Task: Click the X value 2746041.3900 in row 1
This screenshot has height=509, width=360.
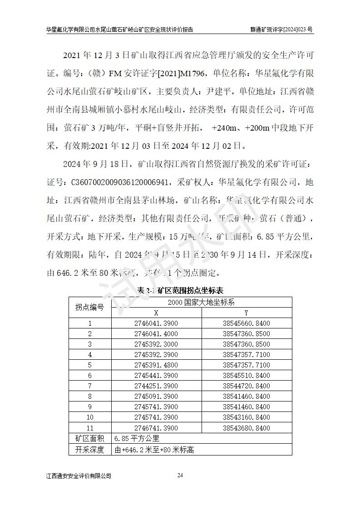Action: tap(156, 323)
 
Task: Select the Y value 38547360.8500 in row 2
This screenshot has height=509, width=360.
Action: tap(247, 333)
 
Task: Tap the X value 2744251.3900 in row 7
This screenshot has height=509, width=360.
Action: tap(156, 386)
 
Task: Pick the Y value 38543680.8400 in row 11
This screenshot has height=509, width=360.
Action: tap(247, 428)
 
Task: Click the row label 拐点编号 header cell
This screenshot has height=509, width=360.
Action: tap(89, 308)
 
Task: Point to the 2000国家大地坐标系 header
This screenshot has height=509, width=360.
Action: tap(201, 302)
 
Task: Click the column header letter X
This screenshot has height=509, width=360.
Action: tap(156, 313)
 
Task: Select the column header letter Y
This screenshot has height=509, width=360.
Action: tap(247, 313)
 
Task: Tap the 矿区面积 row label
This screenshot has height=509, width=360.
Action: tap(89, 439)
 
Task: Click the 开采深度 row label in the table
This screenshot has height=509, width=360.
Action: tap(89, 450)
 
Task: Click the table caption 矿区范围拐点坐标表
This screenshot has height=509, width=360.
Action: tap(180, 290)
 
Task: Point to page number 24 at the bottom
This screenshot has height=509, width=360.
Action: tap(180, 475)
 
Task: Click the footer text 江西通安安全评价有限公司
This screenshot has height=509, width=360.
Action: tap(79, 476)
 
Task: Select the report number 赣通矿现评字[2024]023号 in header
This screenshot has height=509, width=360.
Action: tap(282, 29)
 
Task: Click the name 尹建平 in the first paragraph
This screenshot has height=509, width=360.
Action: tap(216, 91)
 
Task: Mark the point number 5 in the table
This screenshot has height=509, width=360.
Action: tap(89, 365)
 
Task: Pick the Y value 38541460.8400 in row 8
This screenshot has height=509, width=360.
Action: tap(247, 396)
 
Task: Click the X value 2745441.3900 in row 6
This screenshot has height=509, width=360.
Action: tap(156, 376)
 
